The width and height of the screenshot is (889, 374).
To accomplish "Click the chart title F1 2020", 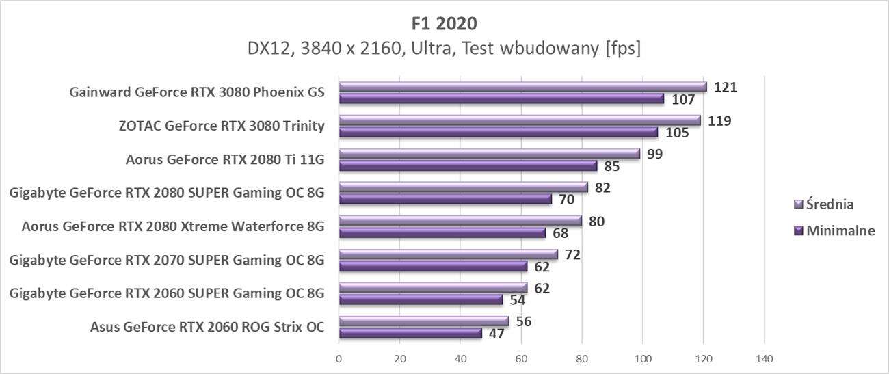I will (x=444, y=23).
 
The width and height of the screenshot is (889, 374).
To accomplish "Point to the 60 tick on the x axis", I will (x=521, y=358).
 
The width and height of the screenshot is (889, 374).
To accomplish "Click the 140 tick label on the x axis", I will (x=764, y=358).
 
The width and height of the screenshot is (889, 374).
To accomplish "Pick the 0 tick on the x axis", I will (x=339, y=358).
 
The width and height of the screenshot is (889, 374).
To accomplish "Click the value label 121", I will (x=726, y=87).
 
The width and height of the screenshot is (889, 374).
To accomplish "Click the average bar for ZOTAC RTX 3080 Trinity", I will (x=520, y=120).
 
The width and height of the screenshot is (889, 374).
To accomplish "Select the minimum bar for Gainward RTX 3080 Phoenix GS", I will (x=501, y=99).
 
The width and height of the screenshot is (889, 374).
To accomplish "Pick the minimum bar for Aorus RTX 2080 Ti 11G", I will (x=468, y=165).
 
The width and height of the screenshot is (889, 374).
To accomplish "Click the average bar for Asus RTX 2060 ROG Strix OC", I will (x=424, y=321).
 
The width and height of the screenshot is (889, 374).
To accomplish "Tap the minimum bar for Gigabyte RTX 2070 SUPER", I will (x=433, y=267).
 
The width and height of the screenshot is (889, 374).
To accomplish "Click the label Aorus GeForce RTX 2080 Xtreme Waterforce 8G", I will (x=173, y=226).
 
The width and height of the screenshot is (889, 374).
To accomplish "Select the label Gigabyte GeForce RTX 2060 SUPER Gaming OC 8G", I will (x=167, y=293).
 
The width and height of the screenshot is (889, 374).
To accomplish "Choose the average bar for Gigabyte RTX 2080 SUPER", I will (x=463, y=187).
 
